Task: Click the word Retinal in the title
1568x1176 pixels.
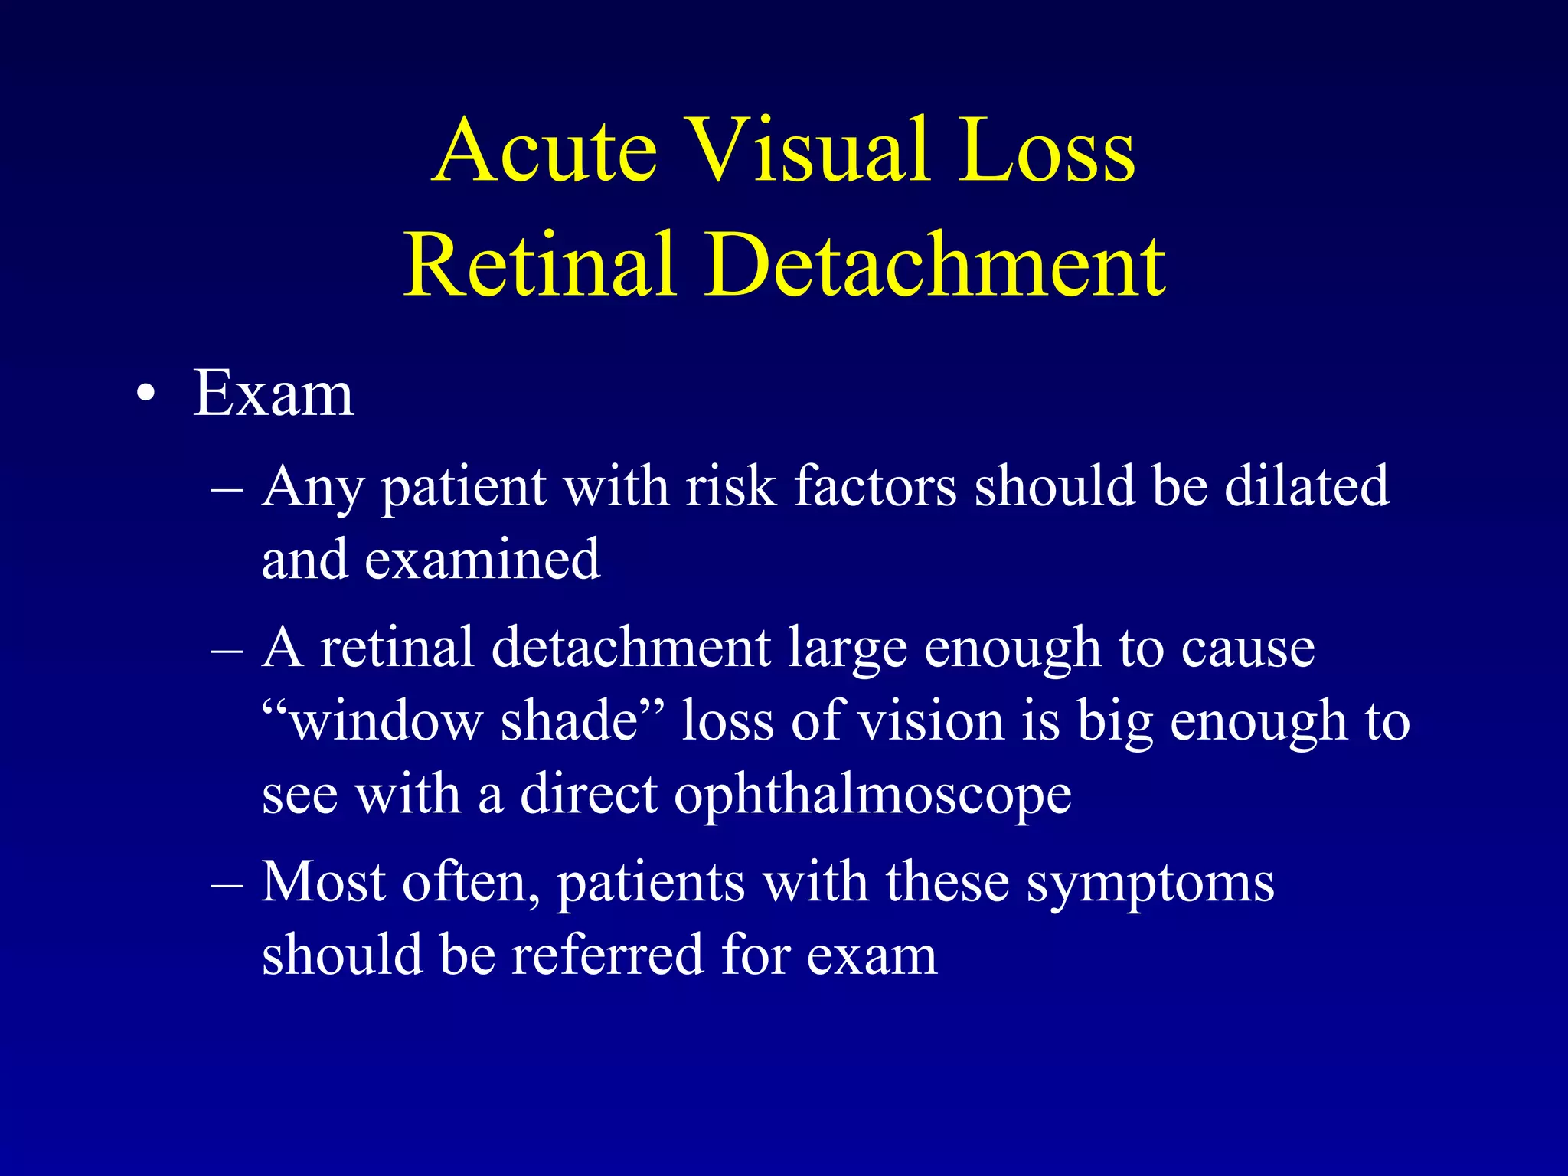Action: [541, 265]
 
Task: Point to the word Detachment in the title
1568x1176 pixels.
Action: [935, 265]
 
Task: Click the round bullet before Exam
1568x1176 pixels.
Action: [145, 396]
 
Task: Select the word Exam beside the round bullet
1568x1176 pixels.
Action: [273, 394]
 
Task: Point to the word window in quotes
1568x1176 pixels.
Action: [387, 721]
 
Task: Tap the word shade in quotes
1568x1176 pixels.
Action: [570, 721]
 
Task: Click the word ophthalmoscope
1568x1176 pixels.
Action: [873, 796]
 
